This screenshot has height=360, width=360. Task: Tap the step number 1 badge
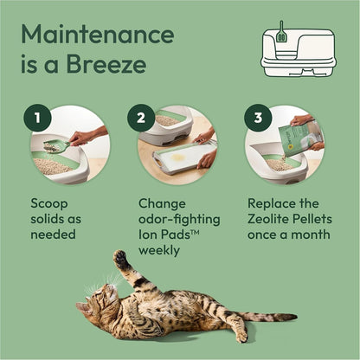37,119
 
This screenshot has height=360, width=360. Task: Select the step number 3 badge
257,119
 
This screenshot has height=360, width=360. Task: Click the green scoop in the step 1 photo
54,146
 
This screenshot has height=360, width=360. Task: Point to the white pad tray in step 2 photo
177,158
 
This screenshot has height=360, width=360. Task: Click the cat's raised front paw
121,259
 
